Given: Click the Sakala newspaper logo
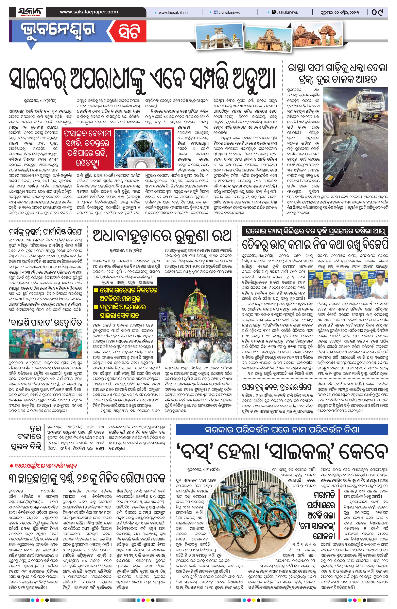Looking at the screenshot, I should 30,12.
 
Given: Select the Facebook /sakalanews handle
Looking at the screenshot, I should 227,12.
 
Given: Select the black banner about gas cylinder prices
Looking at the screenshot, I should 315,232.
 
